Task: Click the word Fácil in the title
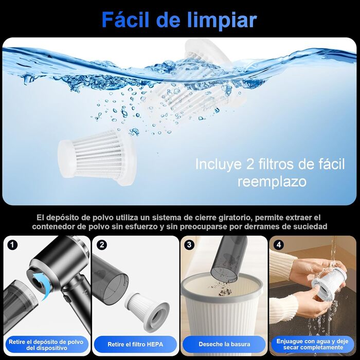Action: (127, 20)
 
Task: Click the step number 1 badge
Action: (12, 245)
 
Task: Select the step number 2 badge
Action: (102, 245)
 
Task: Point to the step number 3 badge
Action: (189, 245)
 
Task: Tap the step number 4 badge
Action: (279, 245)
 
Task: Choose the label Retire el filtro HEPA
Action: (135, 345)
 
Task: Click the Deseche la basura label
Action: (224, 344)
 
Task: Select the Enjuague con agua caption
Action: (312, 344)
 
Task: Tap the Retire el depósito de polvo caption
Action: (46, 345)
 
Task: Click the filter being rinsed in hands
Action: (329, 283)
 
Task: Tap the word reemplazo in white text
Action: (272, 182)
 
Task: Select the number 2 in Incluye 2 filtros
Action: (249, 164)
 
